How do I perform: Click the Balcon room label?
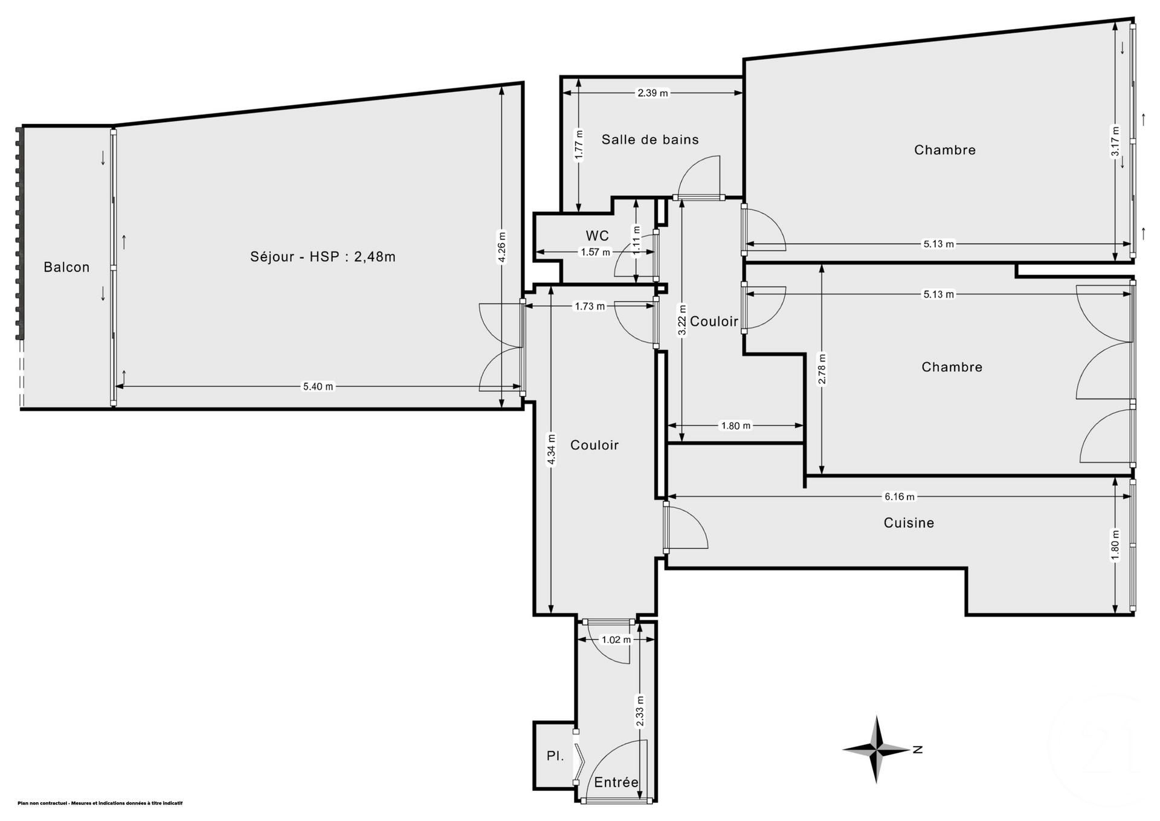(66, 267)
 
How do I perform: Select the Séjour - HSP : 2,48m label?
(323, 257)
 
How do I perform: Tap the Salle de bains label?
(650, 140)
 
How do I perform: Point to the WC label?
(597, 236)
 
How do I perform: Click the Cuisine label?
(909, 523)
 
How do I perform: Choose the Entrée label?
(616, 782)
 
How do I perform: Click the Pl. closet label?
(555, 756)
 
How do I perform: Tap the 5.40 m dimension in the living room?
(318, 387)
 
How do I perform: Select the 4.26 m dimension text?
(501, 247)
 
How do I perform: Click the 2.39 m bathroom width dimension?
(653, 93)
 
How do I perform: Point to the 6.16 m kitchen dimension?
(900, 497)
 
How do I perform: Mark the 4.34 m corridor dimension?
(551, 450)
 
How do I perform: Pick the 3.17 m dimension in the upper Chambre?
(1115, 141)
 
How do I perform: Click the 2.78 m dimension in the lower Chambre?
(822, 369)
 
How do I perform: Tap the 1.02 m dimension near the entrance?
(616, 640)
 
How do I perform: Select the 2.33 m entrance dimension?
(640, 711)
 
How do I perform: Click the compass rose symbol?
(876, 750)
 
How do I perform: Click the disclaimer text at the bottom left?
(100, 803)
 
